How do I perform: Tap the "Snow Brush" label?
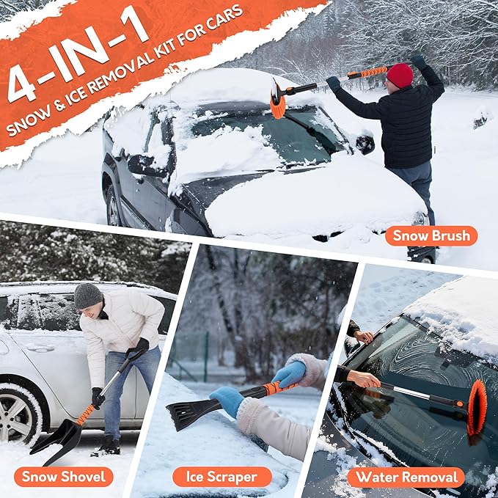pyautogui.click(x=431, y=235)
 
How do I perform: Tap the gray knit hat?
pyautogui.click(x=88, y=295)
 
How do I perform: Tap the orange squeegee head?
pyautogui.click(x=477, y=407)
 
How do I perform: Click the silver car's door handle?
pyautogui.click(x=41, y=348)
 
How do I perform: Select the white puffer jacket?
pyautogui.click(x=121, y=322)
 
